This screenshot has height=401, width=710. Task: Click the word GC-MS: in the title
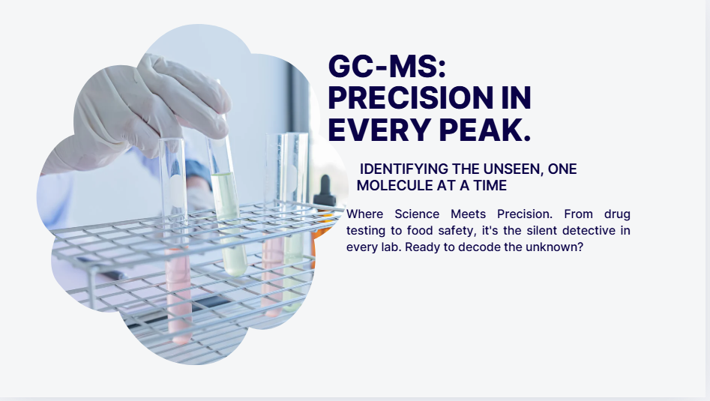pyautogui.click(x=387, y=67)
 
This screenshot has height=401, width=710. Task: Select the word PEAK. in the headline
pyautogui.click(x=484, y=130)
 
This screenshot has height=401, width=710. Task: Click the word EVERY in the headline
pyautogui.click(x=379, y=130)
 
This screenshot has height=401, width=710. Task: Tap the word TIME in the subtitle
pyautogui.click(x=490, y=186)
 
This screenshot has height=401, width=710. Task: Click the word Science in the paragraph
pyautogui.click(x=417, y=214)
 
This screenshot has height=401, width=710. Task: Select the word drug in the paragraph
pyautogui.click(x=617, y=214)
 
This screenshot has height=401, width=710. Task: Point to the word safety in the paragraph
pyautogui.click(x=457, y=231)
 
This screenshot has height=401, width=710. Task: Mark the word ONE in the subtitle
pyautogui.click(x=562, y=169)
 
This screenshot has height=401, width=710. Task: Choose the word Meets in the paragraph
pyautogui.click(x=468, y=214)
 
